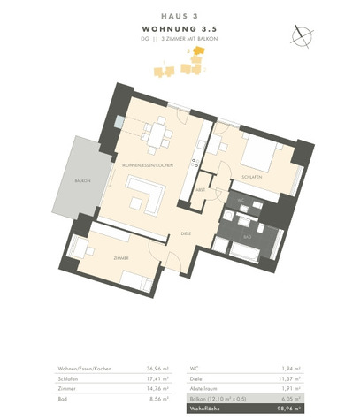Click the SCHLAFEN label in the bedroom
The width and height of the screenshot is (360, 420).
pyautogui.click(x=251, y=178)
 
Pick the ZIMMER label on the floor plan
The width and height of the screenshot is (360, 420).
pyautogui.click(x=121, y=257)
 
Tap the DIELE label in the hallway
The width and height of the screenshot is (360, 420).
pyautogui.click(x=186, y=233)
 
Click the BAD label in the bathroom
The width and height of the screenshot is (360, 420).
pyautogui.click(x=249, y=236)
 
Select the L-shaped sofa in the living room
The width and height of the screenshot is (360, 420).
pyautogui.click(x=145, y=194)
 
